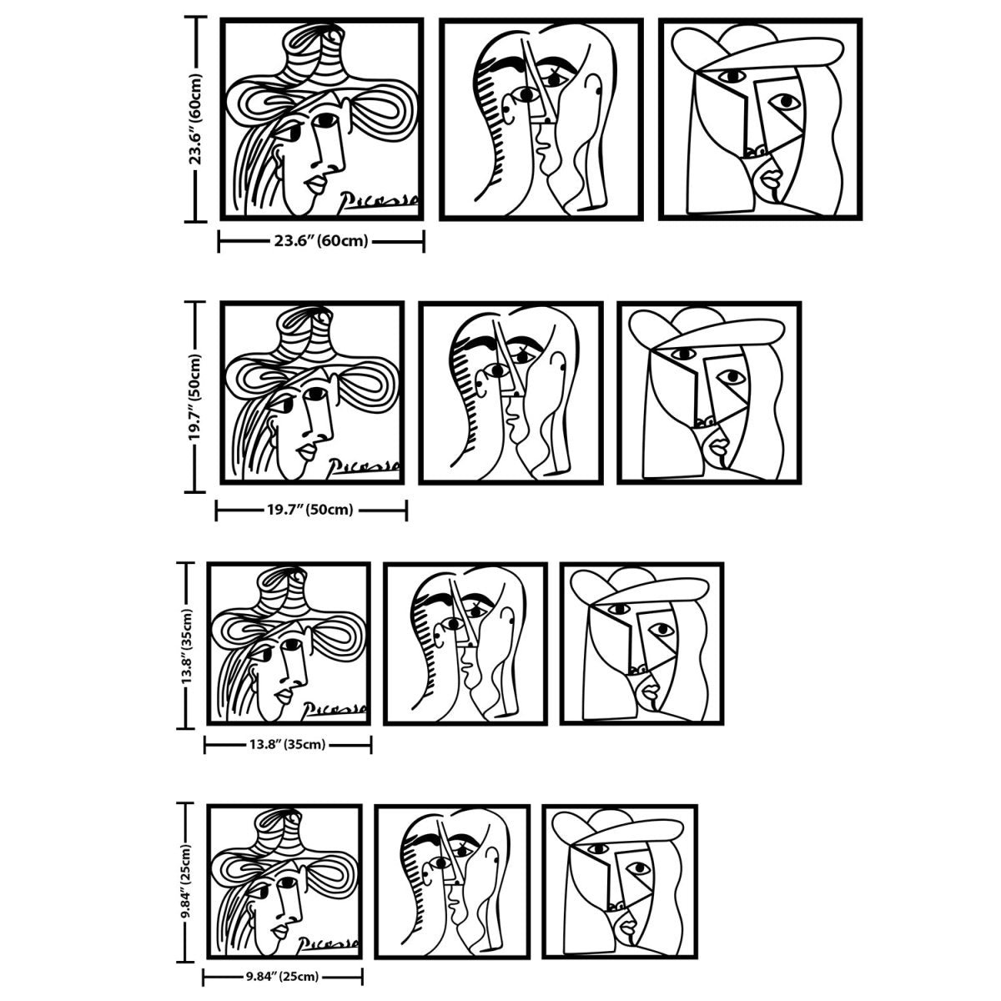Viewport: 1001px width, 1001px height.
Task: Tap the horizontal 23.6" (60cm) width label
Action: (x=321, y=242)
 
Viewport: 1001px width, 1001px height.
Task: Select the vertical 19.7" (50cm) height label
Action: (x=195, y=397)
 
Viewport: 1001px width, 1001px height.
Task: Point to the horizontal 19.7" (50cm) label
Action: (x=310, y=510)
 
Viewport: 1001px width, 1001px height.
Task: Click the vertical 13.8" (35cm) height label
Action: (x=188, y=645)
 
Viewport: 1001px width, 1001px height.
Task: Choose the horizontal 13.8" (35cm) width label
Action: (x=288, y=744)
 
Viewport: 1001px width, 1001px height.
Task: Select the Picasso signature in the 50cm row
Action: (x=365, y=466)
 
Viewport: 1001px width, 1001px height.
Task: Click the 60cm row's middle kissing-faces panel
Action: (x=541, y=119)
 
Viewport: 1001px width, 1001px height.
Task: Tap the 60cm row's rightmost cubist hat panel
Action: (x=760, y=119)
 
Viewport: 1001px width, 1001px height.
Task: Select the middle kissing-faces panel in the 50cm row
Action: (x=511, y=393)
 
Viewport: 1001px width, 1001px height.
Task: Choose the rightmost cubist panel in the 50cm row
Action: (x=708, y=393)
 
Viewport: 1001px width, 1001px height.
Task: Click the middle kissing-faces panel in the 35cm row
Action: (x=465, y=643)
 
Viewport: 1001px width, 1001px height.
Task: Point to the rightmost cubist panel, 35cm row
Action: (x=641, y=643)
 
